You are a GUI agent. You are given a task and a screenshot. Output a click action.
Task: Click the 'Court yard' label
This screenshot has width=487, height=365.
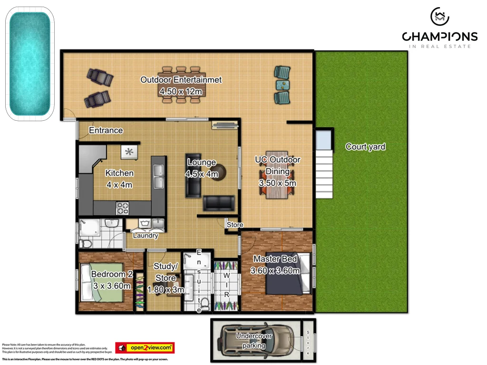point(365,147)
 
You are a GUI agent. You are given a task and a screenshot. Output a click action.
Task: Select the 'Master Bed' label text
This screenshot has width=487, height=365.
point(275,259)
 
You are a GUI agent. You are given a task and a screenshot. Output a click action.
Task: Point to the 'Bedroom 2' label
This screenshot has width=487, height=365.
point(112,274)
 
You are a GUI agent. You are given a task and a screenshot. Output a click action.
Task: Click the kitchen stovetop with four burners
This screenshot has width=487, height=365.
point(123,208)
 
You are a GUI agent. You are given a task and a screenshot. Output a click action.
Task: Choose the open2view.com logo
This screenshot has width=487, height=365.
point(145,348)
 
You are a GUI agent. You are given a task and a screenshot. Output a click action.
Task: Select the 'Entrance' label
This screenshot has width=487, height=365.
point(106,130)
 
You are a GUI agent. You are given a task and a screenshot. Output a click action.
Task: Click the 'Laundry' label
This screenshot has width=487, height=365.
point(146,235)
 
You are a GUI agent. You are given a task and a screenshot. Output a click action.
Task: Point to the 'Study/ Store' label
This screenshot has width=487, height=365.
point(166,272)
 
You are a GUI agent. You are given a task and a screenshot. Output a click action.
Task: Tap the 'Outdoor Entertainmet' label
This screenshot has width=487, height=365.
point(181,80)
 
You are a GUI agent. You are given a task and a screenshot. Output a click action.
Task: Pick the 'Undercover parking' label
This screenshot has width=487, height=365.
point(254,341)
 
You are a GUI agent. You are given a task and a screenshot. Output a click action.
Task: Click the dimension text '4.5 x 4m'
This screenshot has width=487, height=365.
point(202,174)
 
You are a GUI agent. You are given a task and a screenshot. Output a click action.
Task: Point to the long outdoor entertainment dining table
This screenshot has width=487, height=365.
point(181,85)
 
